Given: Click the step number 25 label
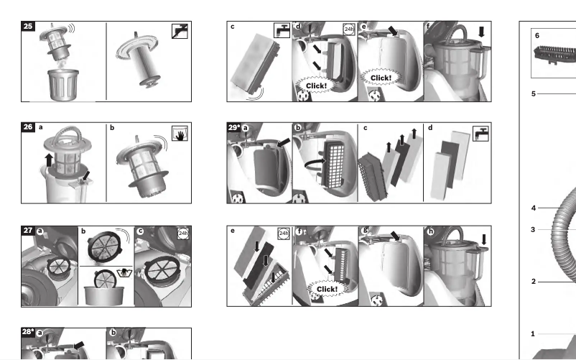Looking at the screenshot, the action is (x=28, y=26).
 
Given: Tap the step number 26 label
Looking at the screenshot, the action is (x=28, y=127).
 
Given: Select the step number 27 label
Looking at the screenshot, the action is (x=28, y=231).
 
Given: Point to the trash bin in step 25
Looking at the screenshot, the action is (x=63, y=85).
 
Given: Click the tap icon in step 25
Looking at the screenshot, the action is (x=180, y=31).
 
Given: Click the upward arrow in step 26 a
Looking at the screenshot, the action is (x=49, y=161).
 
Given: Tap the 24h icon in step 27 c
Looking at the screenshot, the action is (x=183, y=233).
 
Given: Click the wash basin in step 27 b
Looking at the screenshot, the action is (x=103, y=295).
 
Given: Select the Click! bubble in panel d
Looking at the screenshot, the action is (x=316, y=86).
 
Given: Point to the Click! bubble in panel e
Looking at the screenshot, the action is (x=381, y=78).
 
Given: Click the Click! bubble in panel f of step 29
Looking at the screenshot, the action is (x=327, y=289).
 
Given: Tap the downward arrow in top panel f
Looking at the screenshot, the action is (x=481, y=32).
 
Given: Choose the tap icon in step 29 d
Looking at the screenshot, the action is (x=480, y=134).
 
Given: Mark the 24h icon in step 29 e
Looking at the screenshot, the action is (x=284, y=233).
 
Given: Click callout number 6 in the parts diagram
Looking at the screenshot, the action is (x=537, y=36).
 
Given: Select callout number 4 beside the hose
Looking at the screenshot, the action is (x=534, y=208).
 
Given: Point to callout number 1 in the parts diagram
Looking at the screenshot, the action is (x=533, y=334).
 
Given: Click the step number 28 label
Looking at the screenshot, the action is (x=28, y=332).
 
